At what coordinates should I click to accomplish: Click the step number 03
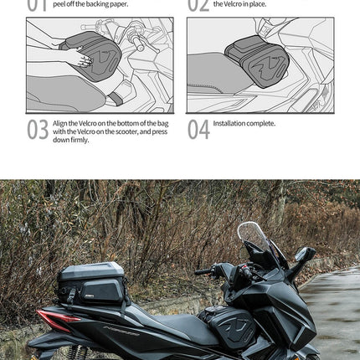click(x=38, y=130)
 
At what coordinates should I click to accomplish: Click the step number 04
click(x=198, y=130)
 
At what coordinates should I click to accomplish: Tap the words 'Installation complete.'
click(x=244, y=124)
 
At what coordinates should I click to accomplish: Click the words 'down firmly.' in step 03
click(x=70, y=140)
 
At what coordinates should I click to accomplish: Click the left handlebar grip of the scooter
click(x=203, y=271)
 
